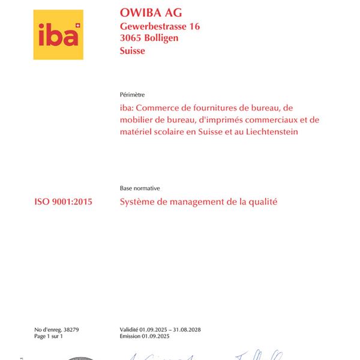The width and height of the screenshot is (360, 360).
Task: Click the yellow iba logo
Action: [58, 35]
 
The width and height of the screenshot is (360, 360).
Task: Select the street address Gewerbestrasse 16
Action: [160, 26]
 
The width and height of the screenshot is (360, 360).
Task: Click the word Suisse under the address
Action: [132, 51]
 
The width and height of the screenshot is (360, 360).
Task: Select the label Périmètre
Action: [133, 95]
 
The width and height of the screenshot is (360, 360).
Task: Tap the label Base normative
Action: [139, 188]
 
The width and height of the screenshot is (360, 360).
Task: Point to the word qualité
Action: [262, 202]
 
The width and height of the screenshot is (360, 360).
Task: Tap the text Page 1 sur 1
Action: [49, 337]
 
